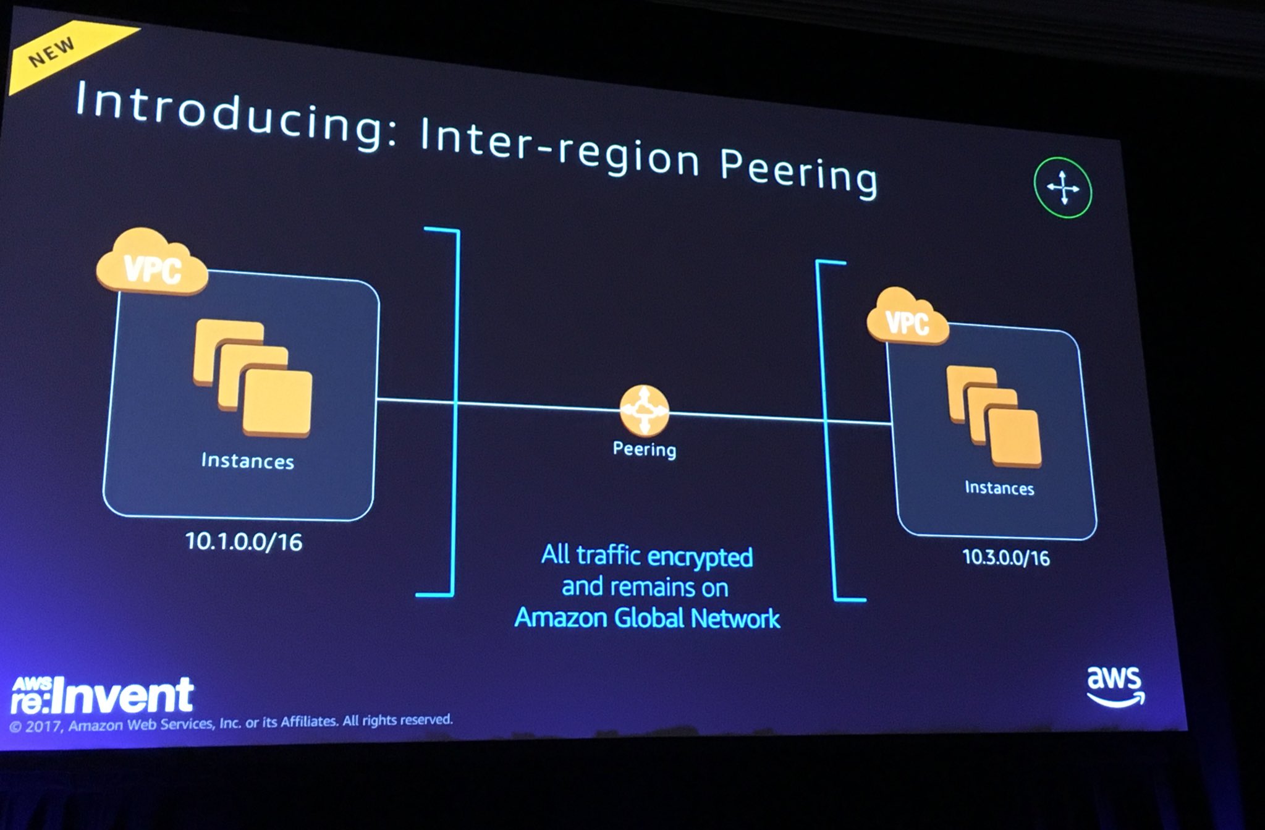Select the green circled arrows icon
(x=1062, y=188)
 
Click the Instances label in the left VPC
(x=247, y=461)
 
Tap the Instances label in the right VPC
(x=999, y=488)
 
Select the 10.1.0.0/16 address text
(x=243, y=542)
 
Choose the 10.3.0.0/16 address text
(x=1006, y=558)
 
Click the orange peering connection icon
(x=644, y=410)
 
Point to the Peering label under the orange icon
(x=644, y=449)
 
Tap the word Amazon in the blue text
(x=560, y=617)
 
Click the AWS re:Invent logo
(x=102, y=694)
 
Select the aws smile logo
(x=1114, y=685)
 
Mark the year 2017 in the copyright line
(x=44, y=726)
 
